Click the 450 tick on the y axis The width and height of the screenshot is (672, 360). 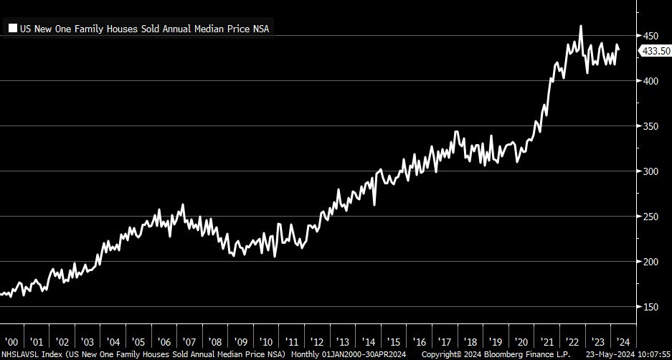650,36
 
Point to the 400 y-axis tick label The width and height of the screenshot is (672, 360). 650,81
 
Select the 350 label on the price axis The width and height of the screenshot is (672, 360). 650,126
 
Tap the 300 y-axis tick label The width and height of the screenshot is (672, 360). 650,171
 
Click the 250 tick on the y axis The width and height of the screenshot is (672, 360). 650,217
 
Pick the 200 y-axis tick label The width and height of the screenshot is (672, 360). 650,262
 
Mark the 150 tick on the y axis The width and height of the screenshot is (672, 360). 650,307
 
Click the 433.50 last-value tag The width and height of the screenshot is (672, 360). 656,51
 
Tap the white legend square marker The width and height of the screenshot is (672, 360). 13,29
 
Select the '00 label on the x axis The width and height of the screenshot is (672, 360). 12,341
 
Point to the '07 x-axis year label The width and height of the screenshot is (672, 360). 189,341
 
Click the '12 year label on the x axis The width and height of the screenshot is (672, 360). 317,341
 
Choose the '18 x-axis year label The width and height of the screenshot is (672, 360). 470,341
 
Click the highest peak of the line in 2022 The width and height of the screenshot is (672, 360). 580,27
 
